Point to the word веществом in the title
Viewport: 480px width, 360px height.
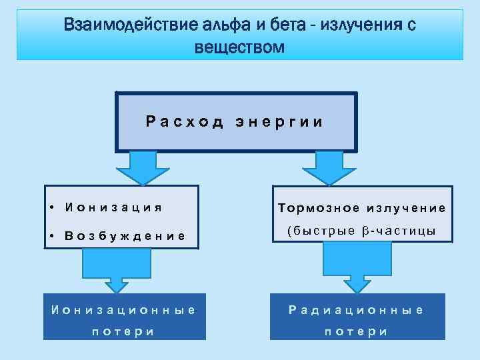tap(239, 48)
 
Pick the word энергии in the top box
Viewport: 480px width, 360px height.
tap(279, 122)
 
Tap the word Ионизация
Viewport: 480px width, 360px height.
tap(114, 207)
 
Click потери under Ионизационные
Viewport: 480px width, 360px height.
tap(122, 331)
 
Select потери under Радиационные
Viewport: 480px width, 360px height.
tap(356, 331)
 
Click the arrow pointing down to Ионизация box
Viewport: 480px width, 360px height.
tap(143, 167)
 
